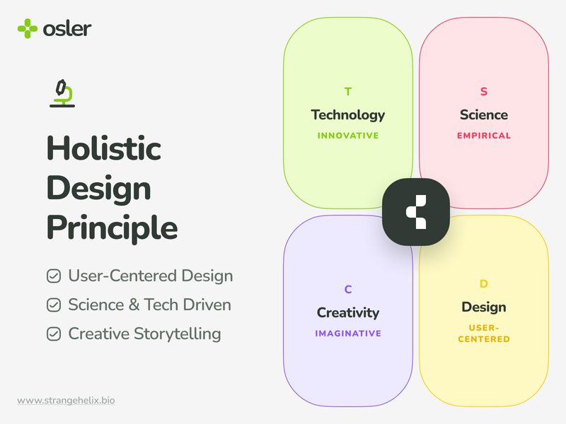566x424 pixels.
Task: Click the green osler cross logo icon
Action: pyautogui.click(x=28, y=29)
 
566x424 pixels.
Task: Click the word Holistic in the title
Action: pyautogui.click(x=103, y=149)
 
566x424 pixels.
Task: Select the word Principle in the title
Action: pyautogui.click(x=112, y=228)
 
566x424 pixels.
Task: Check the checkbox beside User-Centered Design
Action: pyautogui.click(x=54, y=276)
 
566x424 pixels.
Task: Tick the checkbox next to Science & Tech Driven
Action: pyautogui.click(x=54, y=305)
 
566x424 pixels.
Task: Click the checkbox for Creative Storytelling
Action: pyautogui.click(x=54, y=334)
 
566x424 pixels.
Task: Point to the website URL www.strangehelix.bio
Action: pyautogui.click(x=66, y=401)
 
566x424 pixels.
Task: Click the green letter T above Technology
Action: pyautogui.click(x=347, y=92)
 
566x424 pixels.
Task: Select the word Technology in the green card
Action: pyautogui.click(x=347, y=114)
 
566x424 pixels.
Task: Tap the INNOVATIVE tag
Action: pyautogui.click(x=347, y=136)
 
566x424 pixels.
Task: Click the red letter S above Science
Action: pyautogui.click(x=484, y=92)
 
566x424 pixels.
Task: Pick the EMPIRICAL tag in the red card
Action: pyautogui.click(x=484, y=136)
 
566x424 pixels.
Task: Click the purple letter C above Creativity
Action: pyautogui.click(x=347, y=290)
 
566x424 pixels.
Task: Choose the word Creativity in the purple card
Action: pyautogui.click(x=347, y=312)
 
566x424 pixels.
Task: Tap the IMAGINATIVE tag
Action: pyautogui.click(x=347, y=334)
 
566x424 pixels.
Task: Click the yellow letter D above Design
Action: pyautogui.click(x=484, y=284)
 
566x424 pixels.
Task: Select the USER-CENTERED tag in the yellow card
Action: pyautogui.click(x=484, y=334)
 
